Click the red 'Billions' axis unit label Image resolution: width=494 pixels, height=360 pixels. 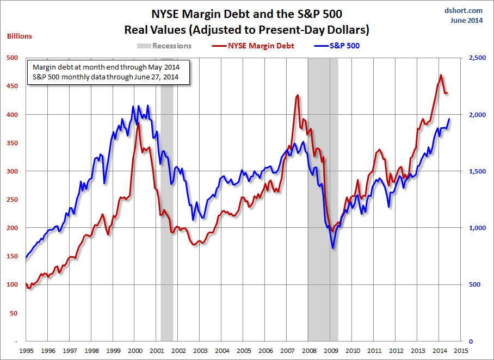pyautogui.click(x=20, y=36)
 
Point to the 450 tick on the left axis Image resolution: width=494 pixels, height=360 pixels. pyautogui.click(x=12, y=86)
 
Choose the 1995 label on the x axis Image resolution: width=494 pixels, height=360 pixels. pyautogui.click(x=26, y=351)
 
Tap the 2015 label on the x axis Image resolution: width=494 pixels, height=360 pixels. pyautogui.click(x=461, y=351)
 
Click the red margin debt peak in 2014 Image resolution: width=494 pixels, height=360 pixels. pyautogui.click(x=441, y=75)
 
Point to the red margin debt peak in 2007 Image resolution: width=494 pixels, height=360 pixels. pyautogui.click(x=297, y=95)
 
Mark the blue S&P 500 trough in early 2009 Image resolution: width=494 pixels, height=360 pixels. pyautogui.click(x=332, y=249)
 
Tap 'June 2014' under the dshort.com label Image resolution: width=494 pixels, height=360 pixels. pyautogui.click(x=466, y=21)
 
